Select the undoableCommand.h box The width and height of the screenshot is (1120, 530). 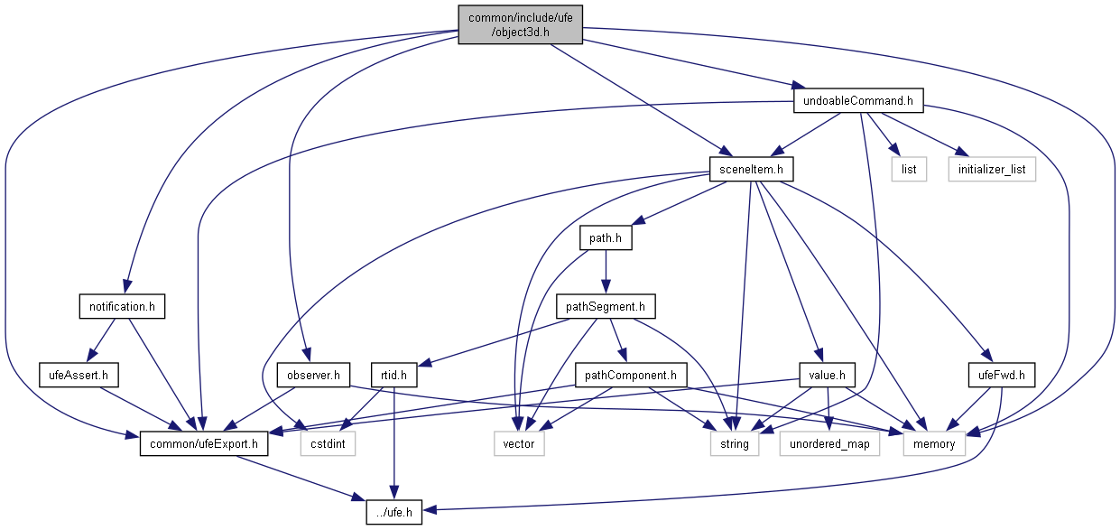858,101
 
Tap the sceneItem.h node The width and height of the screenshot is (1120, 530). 751,169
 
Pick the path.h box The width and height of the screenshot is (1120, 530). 604,238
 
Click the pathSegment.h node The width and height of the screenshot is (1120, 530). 605,307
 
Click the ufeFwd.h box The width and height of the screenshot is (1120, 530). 988,375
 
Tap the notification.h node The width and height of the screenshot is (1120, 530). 123,307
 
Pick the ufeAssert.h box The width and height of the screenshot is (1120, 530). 79,375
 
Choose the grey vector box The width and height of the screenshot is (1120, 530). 519,443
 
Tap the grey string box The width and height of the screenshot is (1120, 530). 735,443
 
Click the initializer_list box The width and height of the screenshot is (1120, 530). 991,169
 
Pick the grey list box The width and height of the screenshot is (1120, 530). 908,169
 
